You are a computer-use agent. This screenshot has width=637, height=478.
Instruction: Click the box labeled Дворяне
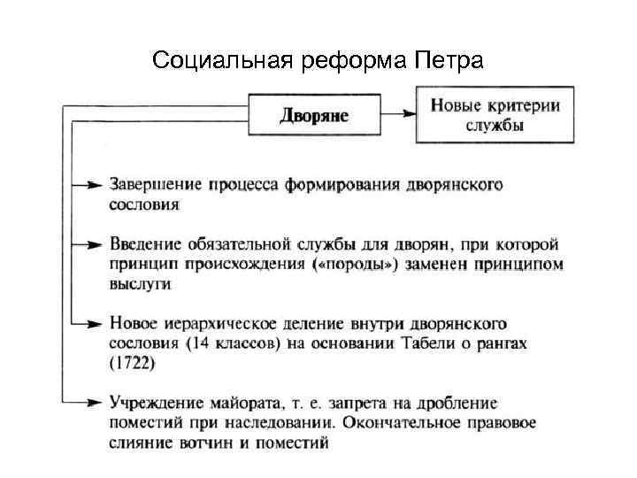(315, 116)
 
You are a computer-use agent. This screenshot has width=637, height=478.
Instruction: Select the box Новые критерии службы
(495, 115)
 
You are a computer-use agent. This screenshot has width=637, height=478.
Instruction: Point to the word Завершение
(156, 185)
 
